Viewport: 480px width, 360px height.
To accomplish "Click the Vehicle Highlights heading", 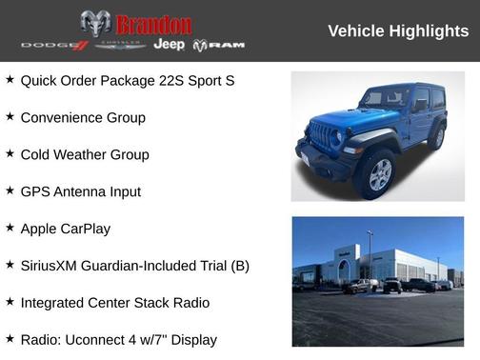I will (x=398, y=31).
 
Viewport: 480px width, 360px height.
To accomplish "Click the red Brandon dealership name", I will (x=153, y=24).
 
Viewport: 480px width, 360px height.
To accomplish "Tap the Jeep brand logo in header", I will (x=169, y=45).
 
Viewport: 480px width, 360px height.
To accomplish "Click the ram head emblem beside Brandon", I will (x=95, y=24).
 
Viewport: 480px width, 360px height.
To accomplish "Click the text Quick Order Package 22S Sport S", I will (x=127, y=81).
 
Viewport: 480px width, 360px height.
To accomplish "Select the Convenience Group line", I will (x=83, y=118).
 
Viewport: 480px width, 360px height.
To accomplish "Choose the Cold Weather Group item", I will (x=85, y=154).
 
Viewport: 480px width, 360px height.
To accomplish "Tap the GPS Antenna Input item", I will (x=80, y=191).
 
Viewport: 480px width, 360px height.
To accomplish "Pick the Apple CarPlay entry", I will (x=65, y=229).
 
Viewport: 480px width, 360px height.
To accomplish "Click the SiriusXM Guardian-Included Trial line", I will (x=134, y=266).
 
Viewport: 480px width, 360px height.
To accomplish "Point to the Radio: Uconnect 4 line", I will (x=118, y=339).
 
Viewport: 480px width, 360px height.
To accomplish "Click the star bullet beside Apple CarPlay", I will (x=10, y=228).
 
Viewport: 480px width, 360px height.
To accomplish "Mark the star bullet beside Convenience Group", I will (x=10, y=117).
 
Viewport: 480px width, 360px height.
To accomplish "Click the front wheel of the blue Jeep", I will (x=379, y=174).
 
